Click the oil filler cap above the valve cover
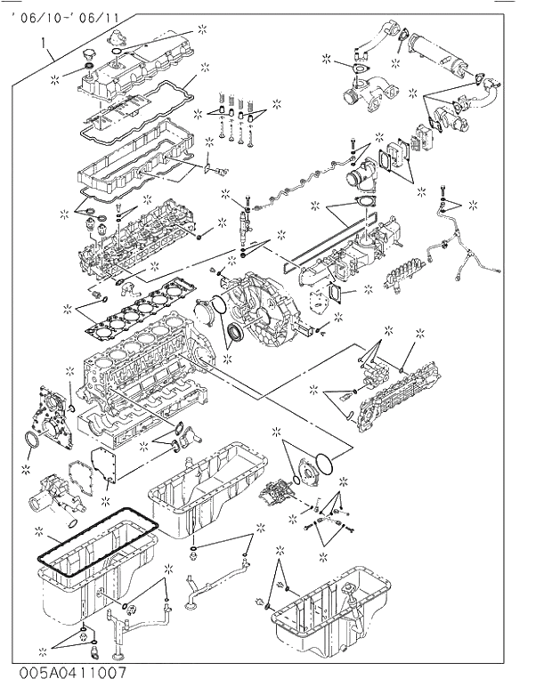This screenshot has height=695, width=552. (x=87, y=59)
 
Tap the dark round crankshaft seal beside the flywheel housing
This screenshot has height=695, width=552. (x=235, y=335)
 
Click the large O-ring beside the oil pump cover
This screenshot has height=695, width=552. (x=328, y=463)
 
